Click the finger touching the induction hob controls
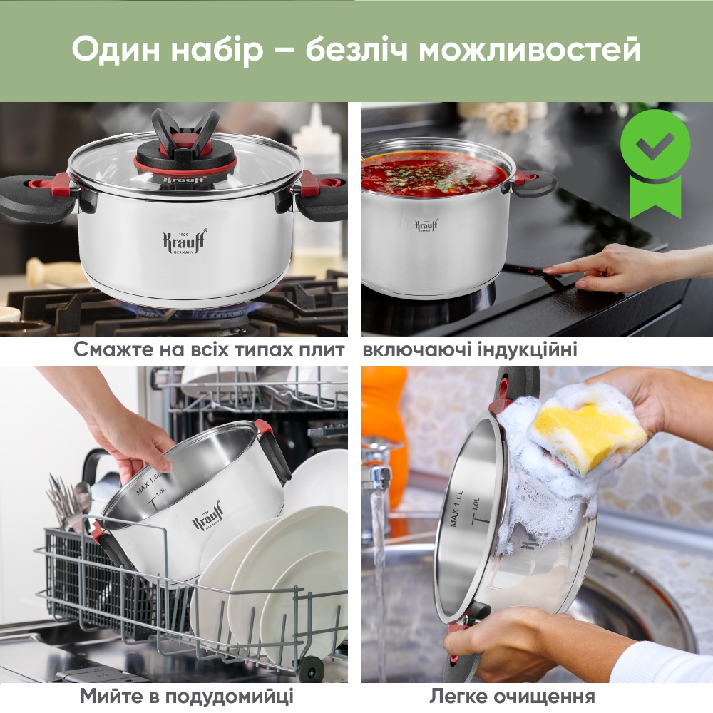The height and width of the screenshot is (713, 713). click(x=553, y=269)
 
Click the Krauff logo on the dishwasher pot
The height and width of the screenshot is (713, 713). click(x=207, y=517)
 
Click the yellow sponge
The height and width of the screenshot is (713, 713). click(x=586, y=435)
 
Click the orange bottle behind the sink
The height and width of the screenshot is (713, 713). click(x=385, y=414)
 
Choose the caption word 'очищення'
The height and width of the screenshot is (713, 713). click(x=553, y=696)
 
